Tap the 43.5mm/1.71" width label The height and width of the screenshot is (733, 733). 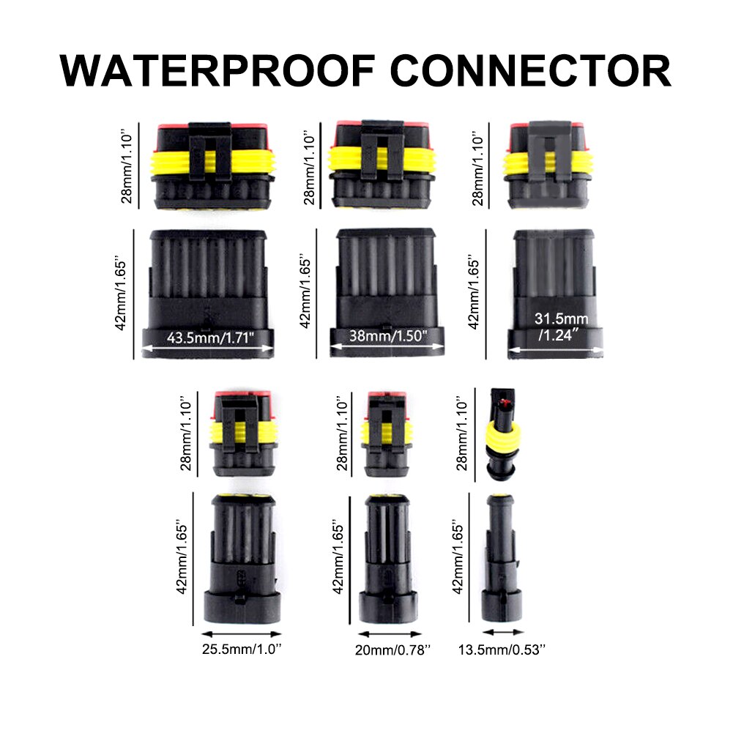pyautogui.click(x=210, y=338)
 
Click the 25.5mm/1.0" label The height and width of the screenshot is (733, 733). pyautogui.click(x=242, y=648)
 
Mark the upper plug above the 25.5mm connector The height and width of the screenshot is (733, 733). pyautogui.click(x=242, y=432)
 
